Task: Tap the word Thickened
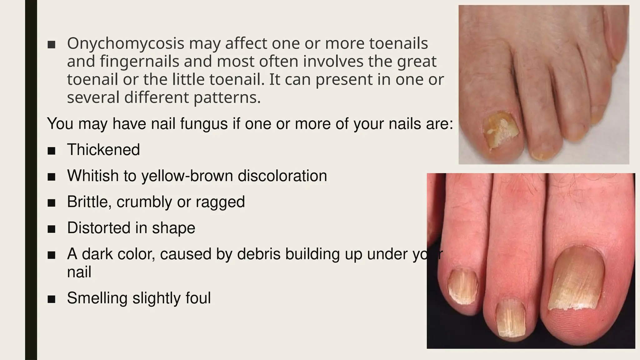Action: click(x=103, y=150)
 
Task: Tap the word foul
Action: click(x=198, y=298)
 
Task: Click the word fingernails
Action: click(x=140, y=62)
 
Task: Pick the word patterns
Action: click(x=227, y=98)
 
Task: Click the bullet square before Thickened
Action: click(x=52, y=151)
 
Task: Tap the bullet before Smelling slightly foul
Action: click(x=52, y=299)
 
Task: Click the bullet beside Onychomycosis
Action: click(x=52, y=45)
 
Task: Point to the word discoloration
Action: click(x=282, y=176)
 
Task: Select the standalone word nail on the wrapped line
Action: click(x=79, y=272)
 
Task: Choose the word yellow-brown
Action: click(x=187, y=176)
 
